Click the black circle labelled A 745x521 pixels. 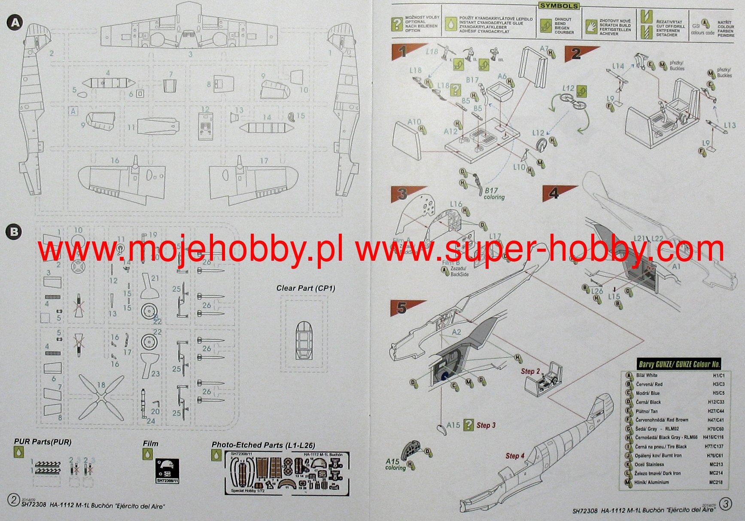15,22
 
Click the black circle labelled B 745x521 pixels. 14,232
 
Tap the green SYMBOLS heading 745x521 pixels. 559,6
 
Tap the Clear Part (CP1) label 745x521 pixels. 305,288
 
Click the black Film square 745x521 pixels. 167,471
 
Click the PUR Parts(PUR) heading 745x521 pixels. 43,442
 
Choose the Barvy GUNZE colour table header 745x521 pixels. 678,365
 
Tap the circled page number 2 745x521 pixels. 13,500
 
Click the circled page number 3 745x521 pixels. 725,503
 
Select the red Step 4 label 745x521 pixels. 515,456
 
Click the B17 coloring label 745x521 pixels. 494,193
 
